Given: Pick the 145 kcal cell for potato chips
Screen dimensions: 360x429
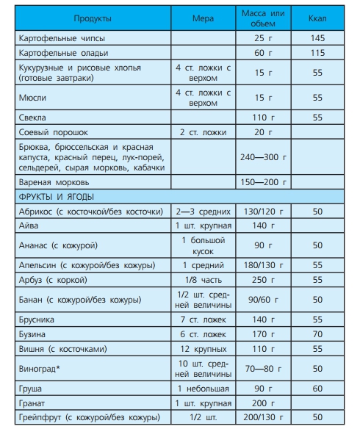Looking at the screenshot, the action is tap(317, 37).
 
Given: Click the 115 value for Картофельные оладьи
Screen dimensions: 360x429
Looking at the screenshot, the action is tap(317, 53).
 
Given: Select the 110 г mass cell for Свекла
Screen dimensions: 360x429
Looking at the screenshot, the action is tap(263, 118).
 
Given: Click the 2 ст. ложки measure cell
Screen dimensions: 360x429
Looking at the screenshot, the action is tap(202, 132).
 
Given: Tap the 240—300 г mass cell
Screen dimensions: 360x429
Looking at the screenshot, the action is tap(263, 157).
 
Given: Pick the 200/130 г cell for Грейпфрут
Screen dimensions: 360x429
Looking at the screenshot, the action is tap(263, 418).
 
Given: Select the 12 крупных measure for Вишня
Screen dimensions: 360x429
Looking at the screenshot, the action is tap(202, 349).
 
